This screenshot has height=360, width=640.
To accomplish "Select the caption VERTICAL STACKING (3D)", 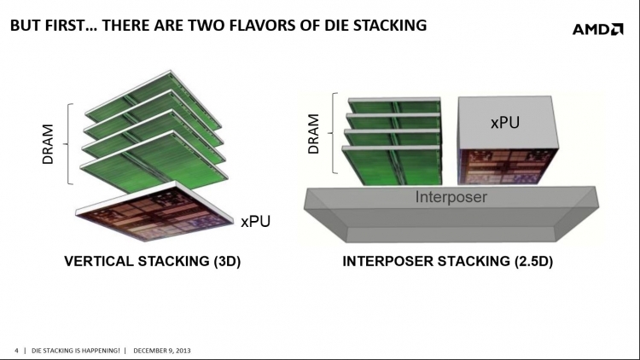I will click(153, 262).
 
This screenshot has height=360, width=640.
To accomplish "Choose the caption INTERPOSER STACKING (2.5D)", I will click(447, 262).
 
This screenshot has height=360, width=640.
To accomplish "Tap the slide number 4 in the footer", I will click(17, 350).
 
